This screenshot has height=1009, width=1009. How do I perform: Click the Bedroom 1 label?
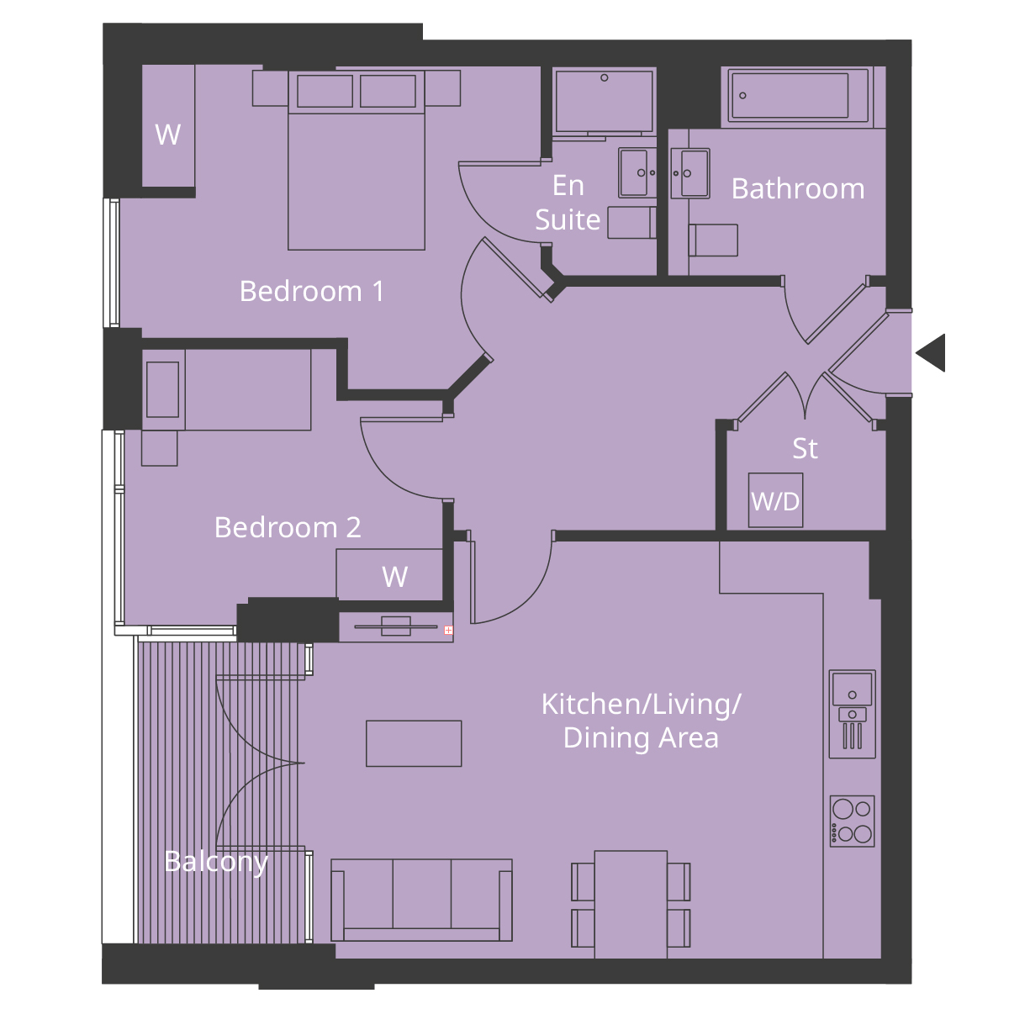click(312, 291)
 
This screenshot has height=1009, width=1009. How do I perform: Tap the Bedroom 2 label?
click(288, 527)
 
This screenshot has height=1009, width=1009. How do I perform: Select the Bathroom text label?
click(797, 188)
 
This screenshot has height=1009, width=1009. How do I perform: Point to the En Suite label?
click(568, 203)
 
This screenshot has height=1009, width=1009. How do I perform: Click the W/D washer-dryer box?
click(775, 501)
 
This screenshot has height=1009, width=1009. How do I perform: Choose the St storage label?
click(805, 448)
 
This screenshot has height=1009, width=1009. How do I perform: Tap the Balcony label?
click(216, 861)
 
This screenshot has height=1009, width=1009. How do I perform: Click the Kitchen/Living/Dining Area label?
click(641, 721)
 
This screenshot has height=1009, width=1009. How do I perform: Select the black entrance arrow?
click(932, 352)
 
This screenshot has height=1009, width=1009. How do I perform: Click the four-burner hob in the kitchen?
click(852, 821)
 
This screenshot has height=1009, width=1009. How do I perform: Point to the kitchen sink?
click(852, 689)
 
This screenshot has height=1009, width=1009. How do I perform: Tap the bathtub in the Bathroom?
click(790, 96)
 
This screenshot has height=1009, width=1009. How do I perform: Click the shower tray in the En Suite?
click(604, 102)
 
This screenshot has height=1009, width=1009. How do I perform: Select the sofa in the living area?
click(421, 900)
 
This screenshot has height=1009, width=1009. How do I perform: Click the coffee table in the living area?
click(414, 743)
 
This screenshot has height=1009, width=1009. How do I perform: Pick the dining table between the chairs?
click(631, 904)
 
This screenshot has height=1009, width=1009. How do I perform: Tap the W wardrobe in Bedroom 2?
click(389, 575)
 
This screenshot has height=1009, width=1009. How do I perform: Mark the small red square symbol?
click(448, 630)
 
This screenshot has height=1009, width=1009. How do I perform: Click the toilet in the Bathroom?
click(713, 240)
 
